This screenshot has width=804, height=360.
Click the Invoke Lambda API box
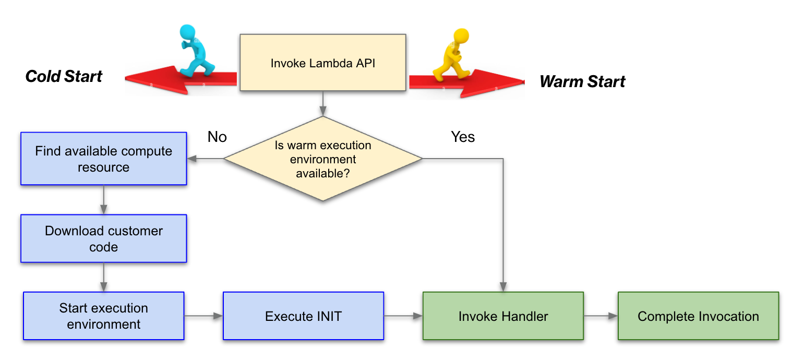pyautogui.click(x=322, y=63)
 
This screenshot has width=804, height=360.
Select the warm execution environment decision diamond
pyautogui.click(x=322, y=159)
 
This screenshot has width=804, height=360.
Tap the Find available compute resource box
pyautogui.click(x=103, y=159)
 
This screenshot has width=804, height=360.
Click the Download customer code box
pyautogui.click(x=103, y=238)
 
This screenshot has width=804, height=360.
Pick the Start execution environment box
pyautogui.click(x=103, y=316)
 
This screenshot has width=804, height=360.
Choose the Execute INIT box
pyautogui.click(x=303, y=316)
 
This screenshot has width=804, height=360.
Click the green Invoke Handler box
pyautogui.click(x=503, y=316)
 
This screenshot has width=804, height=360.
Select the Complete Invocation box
pyautogui.click(x=698, y=316)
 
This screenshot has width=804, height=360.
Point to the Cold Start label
pyautogui.click(x=64, y=76)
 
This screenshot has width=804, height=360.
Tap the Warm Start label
pyautogui.click(x=582, y=81)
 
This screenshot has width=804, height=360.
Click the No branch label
pyautogui.click(x=217, y=137)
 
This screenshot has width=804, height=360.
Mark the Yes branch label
pyautogui.click(x=463, y=137)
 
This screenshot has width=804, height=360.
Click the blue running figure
pyautogui.click(x=196, y=51)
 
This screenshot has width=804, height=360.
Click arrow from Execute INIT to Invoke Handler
pyautogui.click(x=403, y=316)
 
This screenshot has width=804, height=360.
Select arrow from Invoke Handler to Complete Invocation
pyautogui.click(x=600, y=316)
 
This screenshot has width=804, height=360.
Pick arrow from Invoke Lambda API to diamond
pyautogui.click(x=322, y=103)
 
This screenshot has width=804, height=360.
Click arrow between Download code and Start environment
pyautogui.click(x=103, y=277)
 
